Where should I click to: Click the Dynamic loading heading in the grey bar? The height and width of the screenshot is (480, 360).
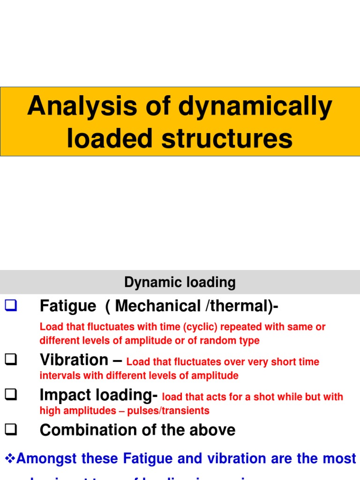180,283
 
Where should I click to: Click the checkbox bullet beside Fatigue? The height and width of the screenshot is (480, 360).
11,307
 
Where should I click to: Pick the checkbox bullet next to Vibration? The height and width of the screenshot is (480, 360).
11,360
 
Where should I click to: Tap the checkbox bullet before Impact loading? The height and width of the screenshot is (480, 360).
11,396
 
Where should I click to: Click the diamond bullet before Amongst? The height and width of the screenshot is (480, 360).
10,458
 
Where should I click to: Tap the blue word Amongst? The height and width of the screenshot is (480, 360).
55,458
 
